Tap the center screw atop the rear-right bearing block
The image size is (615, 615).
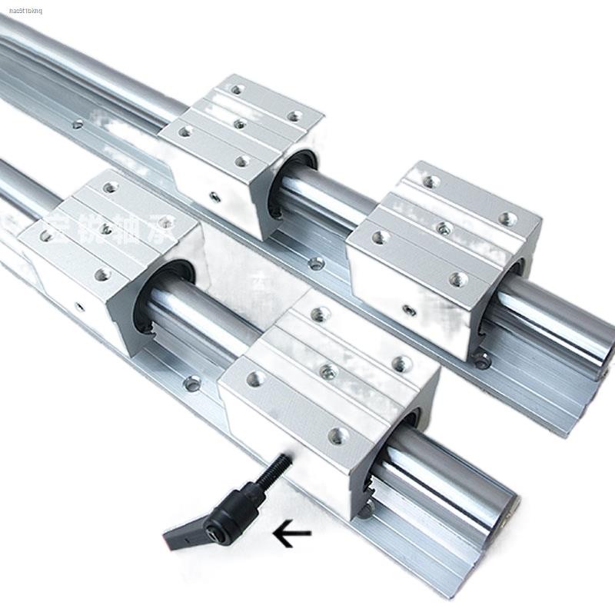(x=444, y=228)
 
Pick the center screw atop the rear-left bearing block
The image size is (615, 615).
(x=240, y=124)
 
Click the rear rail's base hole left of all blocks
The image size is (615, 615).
(x=76, y=124)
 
